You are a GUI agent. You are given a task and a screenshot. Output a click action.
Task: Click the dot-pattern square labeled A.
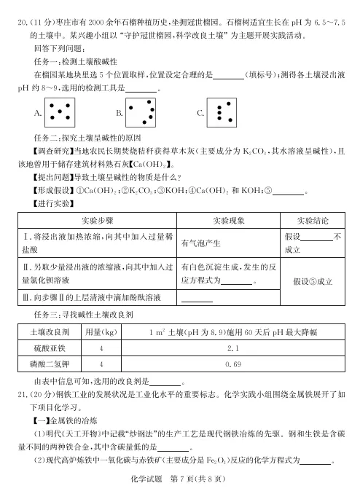pos(60,111)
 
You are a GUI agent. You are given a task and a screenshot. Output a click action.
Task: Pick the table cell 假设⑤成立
pos(314,280)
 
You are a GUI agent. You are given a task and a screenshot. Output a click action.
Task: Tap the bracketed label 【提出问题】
pos(50,179)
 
